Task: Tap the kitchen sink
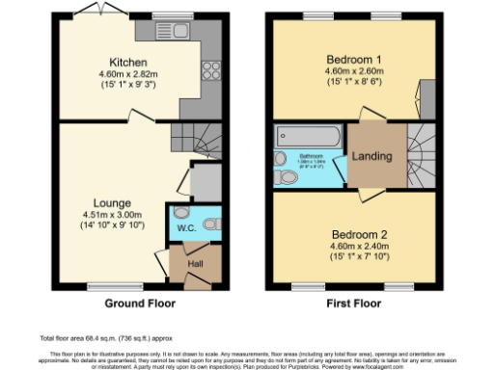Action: tap(180, 31)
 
